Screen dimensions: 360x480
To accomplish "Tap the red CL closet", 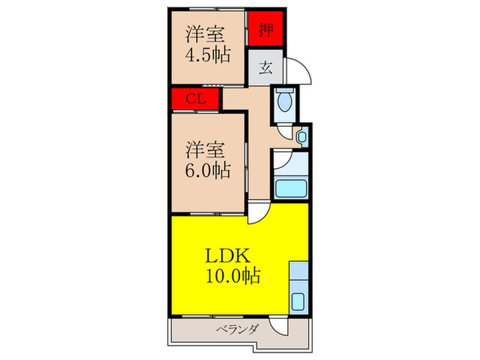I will coord(196,99).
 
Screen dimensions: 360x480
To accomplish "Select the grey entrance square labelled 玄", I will coord(264,68).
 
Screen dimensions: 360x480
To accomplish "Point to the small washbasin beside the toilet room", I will coord(302,137).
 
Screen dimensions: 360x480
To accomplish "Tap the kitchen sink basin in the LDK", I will coord(298,300).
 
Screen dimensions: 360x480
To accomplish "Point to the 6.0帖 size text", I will coord(207,169).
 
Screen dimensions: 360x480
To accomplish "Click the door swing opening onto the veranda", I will coord(278,327).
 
